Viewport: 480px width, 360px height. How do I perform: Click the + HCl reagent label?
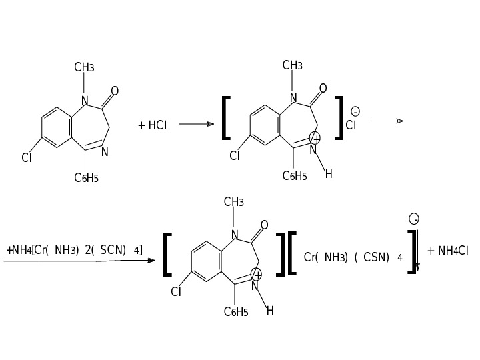[153, 125]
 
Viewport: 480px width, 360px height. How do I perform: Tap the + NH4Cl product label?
[448, 251]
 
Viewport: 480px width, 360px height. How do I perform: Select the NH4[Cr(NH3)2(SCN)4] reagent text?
[75, 250]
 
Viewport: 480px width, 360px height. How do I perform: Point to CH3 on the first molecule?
[84, 67]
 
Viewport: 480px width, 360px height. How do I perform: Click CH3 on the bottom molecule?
[233, 202]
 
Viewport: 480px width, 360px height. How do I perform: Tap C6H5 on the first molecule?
[86, 177]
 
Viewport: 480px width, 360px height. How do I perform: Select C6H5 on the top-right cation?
[295, 176]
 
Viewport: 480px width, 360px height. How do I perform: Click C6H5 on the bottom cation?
[236, 311]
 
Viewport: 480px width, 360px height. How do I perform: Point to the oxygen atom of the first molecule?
[115, 91]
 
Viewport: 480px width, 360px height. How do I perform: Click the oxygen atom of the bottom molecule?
[264, 225]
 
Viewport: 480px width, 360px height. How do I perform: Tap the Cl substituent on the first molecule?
[27, 158]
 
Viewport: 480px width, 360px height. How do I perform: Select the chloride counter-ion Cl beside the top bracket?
[351, 125]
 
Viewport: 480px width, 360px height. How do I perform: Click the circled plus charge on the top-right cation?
[315, 138]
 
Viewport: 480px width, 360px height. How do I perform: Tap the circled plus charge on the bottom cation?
[257, 274]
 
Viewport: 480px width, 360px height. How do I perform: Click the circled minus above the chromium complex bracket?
[414, 219]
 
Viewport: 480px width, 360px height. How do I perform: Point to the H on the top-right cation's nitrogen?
[329, 174]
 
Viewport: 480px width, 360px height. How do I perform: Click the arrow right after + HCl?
[196, 124]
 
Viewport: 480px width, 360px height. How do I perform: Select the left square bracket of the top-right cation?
[225, 118]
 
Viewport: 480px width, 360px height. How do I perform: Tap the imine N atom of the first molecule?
[105, 152]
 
